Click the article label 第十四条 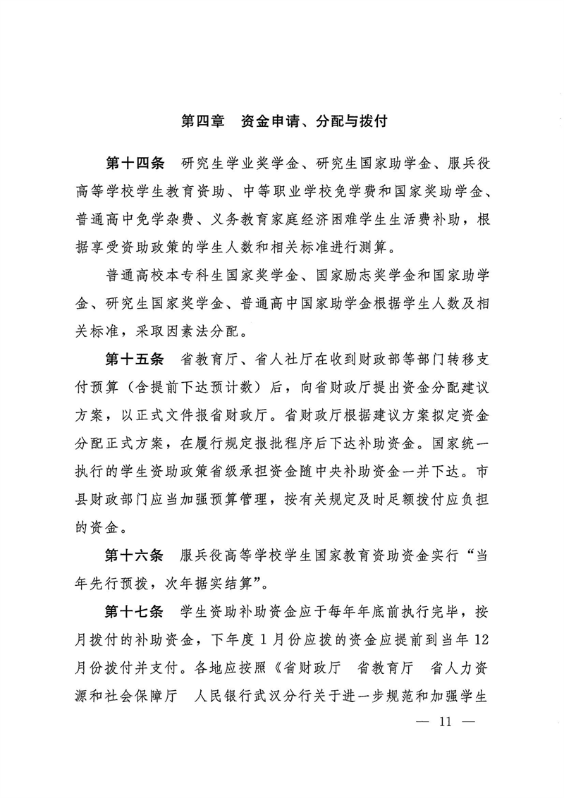pos(135,165)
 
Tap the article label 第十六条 pos(135,555)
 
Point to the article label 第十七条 pos(135,610)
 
